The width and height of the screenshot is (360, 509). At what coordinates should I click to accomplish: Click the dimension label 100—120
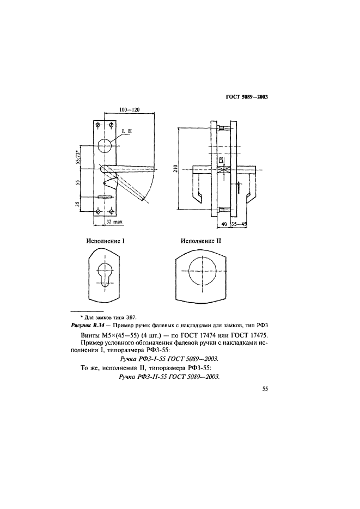coord(129,110)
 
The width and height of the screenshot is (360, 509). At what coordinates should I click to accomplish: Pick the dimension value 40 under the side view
coord(224,223)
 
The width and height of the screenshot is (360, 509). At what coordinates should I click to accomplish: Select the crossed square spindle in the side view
coord(221,170)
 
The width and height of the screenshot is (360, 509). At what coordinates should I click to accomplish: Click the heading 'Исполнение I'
coord(105,240)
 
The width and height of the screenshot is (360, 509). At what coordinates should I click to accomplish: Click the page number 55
coord(266,389)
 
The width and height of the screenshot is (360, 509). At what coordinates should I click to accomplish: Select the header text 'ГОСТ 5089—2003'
coord(248,97)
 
